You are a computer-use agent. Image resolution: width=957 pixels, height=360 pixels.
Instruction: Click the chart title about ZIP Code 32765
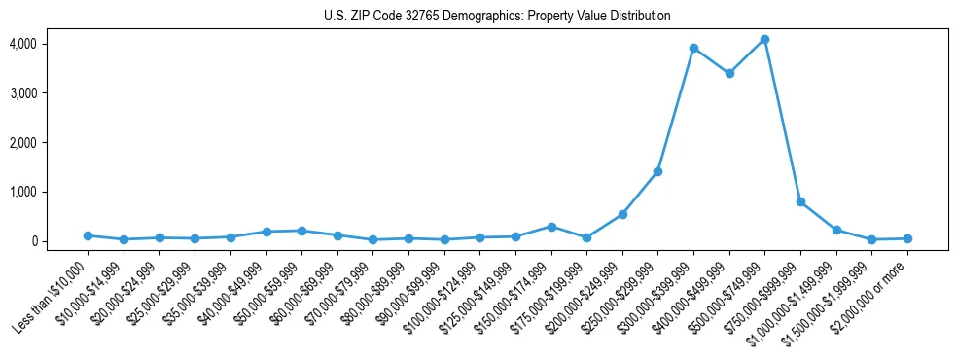tap(497, 17)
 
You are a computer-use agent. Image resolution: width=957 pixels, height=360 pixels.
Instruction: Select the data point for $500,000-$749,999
tap(764, 40)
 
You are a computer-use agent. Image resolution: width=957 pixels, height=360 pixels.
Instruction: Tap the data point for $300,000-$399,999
tap(693, 48)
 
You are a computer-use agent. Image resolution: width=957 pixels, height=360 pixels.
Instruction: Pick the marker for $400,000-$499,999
tap(729, 73)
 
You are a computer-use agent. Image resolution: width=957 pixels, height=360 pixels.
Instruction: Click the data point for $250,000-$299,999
tap(657, 171)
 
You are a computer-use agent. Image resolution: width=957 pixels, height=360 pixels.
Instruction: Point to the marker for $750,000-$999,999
tap(800, 201)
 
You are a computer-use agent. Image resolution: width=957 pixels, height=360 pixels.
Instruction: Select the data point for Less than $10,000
tap(88, 235)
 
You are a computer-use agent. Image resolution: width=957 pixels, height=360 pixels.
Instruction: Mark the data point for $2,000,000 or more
tap(907, 238)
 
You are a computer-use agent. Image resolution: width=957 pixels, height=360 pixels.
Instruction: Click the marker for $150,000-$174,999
tap(551, 227)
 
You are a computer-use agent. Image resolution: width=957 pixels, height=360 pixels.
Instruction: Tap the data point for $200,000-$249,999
tap(622, 214)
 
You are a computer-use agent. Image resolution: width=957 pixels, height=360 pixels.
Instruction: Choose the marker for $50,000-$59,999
tap(301, 231)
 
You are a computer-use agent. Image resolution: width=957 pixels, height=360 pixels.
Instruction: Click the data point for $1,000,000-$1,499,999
tap(836, 230)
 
